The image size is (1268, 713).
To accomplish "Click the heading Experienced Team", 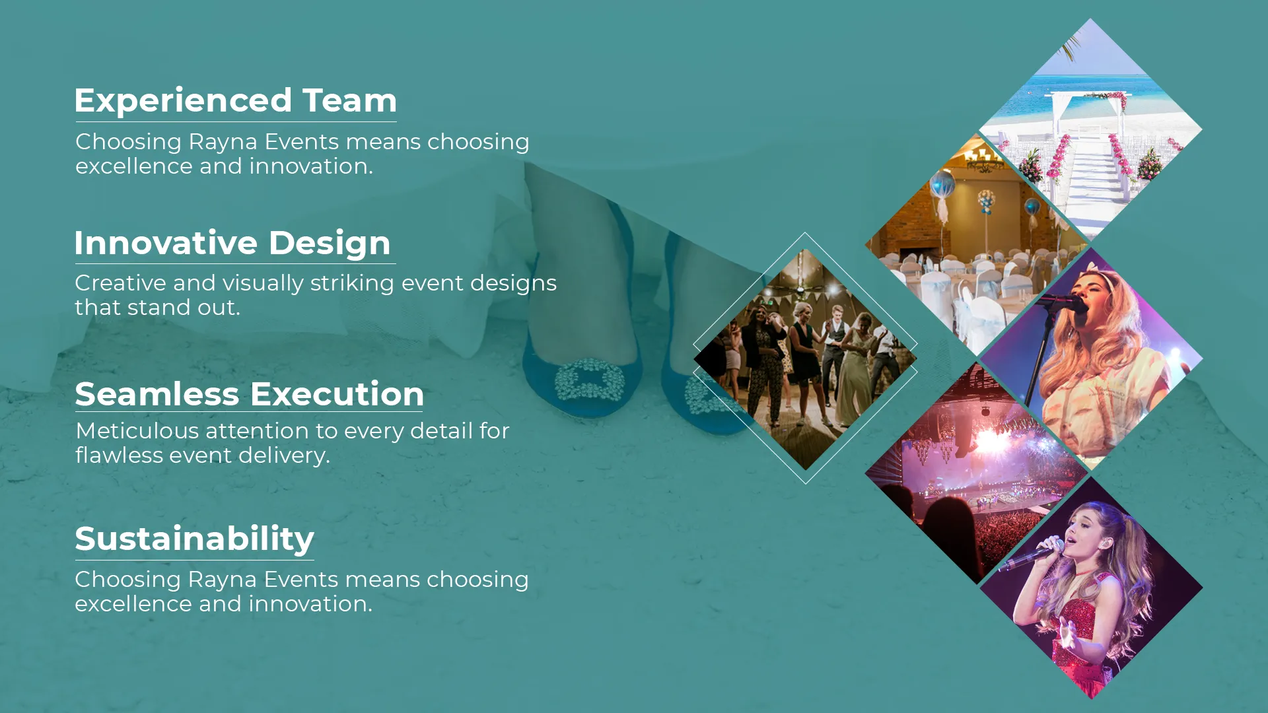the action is [236, 101].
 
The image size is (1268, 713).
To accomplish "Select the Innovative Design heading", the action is [233, 243].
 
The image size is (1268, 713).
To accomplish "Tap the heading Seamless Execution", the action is [250, 394].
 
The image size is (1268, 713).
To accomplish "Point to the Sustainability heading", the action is [195, 539].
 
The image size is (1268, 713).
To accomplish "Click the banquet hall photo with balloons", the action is [977, 244].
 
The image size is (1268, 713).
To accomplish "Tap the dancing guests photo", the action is [805, 358].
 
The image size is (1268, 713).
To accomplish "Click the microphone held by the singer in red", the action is [1030, 555].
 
